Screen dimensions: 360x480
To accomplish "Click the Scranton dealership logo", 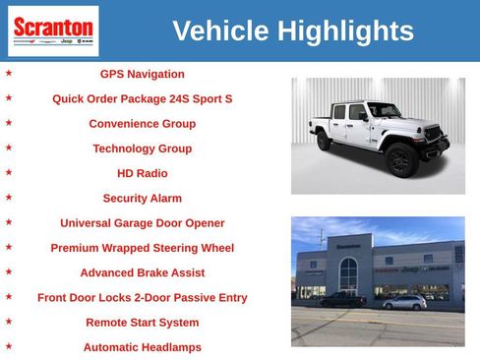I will (x=53, y=30).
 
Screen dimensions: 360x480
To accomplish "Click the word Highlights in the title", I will (x=345, y=30).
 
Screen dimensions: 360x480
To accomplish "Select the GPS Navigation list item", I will (x=142, y=74).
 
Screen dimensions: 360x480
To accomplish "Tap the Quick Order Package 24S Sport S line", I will (x=142, y=98).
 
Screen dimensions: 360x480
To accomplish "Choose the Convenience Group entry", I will (x=142, y=124).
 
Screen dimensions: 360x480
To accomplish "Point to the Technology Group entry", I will (x=142, y=149).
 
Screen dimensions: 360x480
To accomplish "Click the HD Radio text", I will (x=142, y=173).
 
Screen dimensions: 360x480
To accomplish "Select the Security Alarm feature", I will (x=142, y=198).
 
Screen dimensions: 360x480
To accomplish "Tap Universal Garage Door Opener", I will (x=142, y=223).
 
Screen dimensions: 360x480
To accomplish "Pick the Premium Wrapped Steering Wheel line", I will (x=142, y=248).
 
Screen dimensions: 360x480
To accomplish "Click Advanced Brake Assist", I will (x=142, y=272).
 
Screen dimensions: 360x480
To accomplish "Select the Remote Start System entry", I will (x=142, y=323).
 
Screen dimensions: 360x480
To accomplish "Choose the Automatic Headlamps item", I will (x=142, y=347).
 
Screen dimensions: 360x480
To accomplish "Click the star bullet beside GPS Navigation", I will (x=9, y=73).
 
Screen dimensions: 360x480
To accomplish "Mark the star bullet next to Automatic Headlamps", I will (x=9, y=346).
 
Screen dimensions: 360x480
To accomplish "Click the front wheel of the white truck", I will (x=401, y=159).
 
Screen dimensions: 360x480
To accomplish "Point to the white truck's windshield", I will (x=385, y=110).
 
